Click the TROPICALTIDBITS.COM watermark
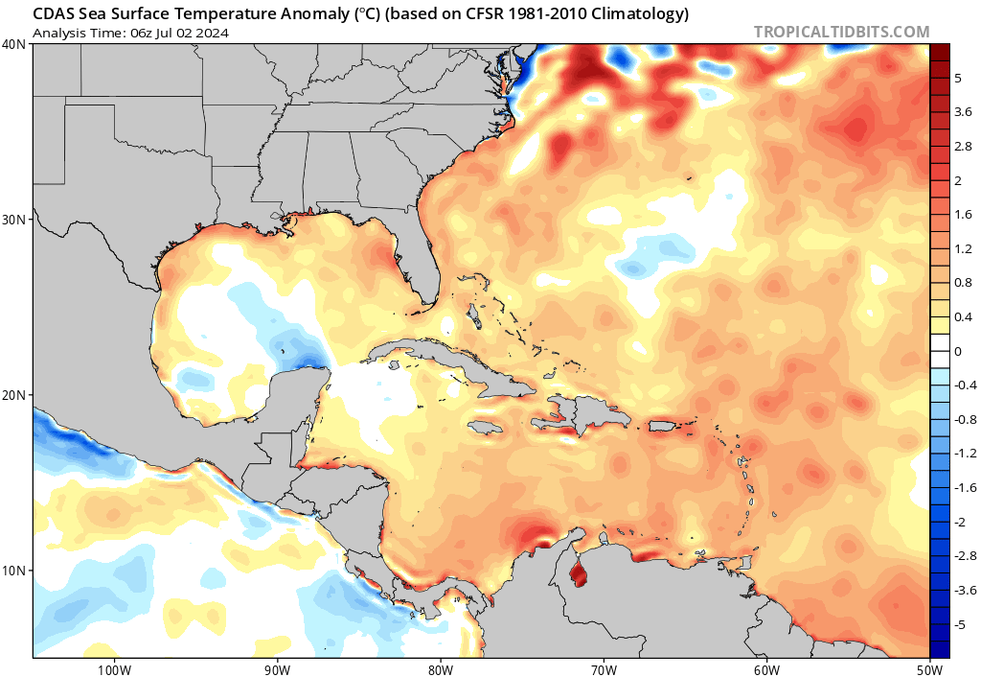pos(841,32)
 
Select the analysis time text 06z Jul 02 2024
pos(180,33)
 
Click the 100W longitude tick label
pos(114,668)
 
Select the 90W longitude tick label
pos(277,668)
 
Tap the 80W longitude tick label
pos(440,668)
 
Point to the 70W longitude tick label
pos(604,668)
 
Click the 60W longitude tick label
pos(766,668)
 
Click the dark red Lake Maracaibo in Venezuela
pos(578,575)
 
